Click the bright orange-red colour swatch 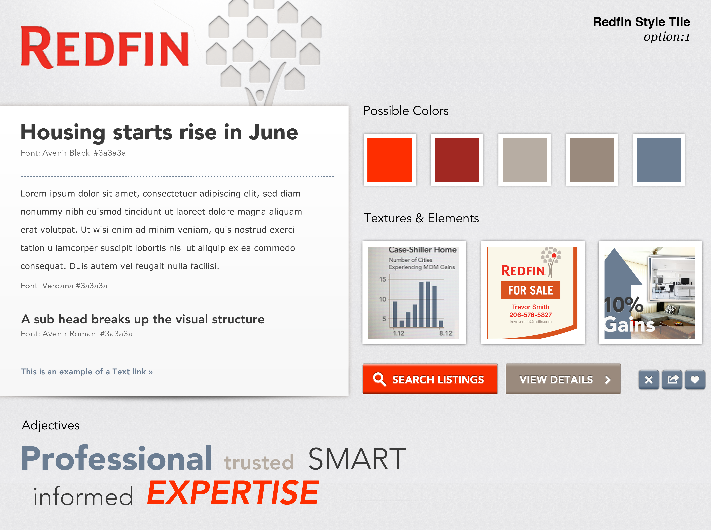[390, 160]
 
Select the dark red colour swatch [457, 160]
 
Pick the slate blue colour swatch [659, 160]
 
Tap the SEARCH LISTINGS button [430, 379]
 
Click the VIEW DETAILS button [563, 379]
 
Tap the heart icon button [695, 380]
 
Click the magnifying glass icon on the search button [380, 379]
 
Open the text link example [87, 372]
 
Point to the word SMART [357, 459]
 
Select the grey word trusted [259, 462]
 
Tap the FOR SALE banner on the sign [531, 290]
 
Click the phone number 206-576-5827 [531, 315]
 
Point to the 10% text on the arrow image [623, 305]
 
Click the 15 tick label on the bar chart [382, 279]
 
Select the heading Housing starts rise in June [159, 132]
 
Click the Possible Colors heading [406, 111]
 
